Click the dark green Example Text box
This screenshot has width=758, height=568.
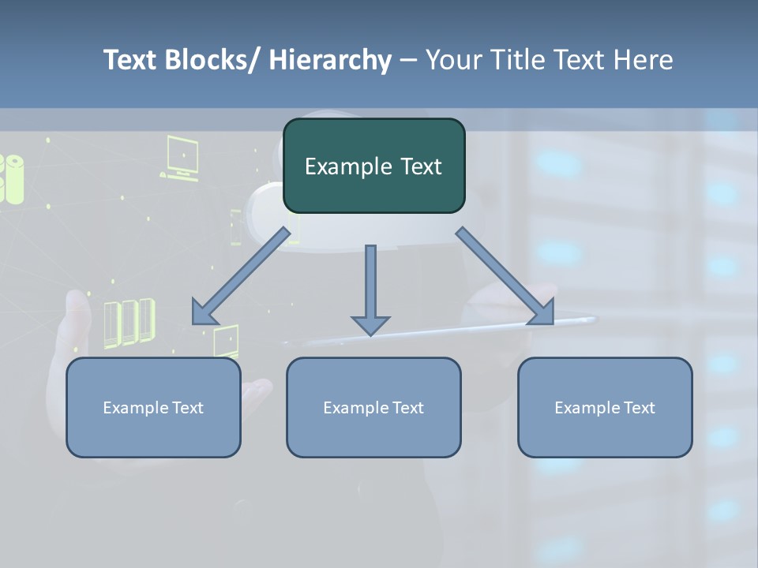coord(373,166)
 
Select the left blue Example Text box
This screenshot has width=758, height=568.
coord(153,407)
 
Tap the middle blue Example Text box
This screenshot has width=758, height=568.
coord(373,407)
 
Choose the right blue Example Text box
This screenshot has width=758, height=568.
coord(605,407)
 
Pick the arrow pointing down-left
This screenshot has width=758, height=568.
coord(241,276)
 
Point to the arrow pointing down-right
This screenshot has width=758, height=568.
coord(505,276)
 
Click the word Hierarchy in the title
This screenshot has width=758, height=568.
coord(330,60)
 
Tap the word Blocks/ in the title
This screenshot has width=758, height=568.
coord(212,60)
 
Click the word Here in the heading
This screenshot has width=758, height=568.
coord(644,60)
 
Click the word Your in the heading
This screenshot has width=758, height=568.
coord(448,60)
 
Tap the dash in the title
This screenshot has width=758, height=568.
coord(408,60)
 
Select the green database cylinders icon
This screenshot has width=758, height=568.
coord(12,178)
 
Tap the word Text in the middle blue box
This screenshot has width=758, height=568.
coord(407,408)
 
